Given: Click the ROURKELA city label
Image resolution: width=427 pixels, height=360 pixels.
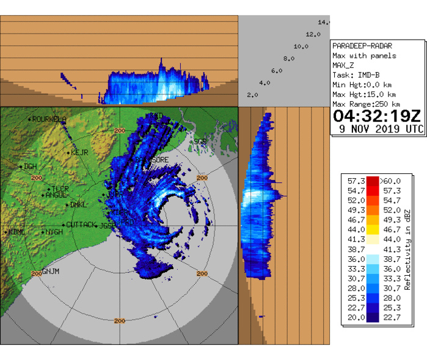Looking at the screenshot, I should (48, 120).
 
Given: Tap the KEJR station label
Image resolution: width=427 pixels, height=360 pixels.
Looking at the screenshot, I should (80, 152).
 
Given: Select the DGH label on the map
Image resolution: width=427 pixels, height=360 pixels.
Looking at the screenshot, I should (30, 166).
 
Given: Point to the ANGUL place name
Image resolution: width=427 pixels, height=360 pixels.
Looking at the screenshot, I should (56, 195).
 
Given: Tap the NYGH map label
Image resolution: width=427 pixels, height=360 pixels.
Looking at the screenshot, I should (54, 232).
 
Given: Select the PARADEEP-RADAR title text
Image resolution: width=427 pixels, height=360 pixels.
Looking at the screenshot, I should (362, 46).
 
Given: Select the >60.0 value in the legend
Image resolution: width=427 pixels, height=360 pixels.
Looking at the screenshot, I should (390, 181).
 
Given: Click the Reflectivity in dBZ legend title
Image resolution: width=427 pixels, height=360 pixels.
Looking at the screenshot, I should (407, 248).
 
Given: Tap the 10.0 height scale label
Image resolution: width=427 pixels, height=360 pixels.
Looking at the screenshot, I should (301, 46).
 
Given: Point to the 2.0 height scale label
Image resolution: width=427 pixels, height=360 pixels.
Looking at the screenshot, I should (252, 95).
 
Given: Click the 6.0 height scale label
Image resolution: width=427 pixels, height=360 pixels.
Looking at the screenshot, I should (276, 71).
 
